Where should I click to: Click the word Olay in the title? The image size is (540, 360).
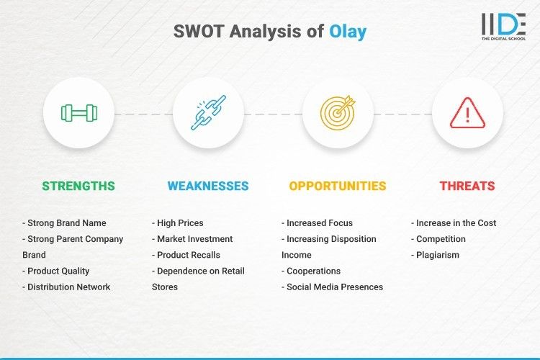click(348, 31)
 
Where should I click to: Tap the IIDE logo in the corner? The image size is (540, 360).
click(503, 27)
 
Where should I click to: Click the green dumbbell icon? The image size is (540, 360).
click(78, 112)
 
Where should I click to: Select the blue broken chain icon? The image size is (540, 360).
click(208, 112)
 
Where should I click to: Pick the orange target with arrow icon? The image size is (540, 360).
click(338, 112)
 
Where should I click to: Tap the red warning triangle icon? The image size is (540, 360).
click(467, 112)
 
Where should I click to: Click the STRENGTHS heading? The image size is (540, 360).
click(78, 186)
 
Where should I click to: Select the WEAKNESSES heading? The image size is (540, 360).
click(208, 186)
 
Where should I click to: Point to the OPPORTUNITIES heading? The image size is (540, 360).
click(338, 186)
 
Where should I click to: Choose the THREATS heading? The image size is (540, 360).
click(467, 186)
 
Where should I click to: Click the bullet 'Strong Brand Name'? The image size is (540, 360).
click(64, 223)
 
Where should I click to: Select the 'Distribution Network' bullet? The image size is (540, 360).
click(66, 287)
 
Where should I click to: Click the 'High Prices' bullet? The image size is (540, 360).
click(178, 223)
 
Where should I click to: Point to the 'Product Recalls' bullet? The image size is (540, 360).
click(186, 255)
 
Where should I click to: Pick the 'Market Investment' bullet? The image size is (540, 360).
click(192, 239)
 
